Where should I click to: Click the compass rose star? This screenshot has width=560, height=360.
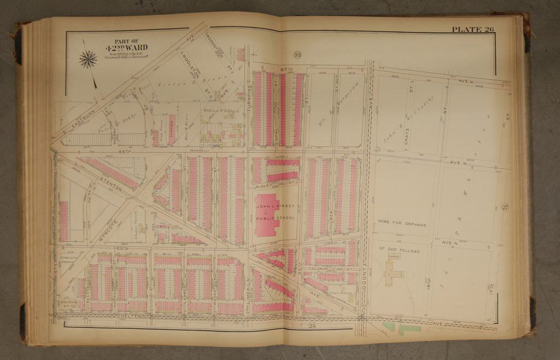click(x=87, y=59)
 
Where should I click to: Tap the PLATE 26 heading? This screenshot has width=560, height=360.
click(x=472, y=29)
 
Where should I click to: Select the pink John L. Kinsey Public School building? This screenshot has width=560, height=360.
click(x=266, y=214)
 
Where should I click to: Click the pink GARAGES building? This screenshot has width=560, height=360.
click(x=171, y=130)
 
